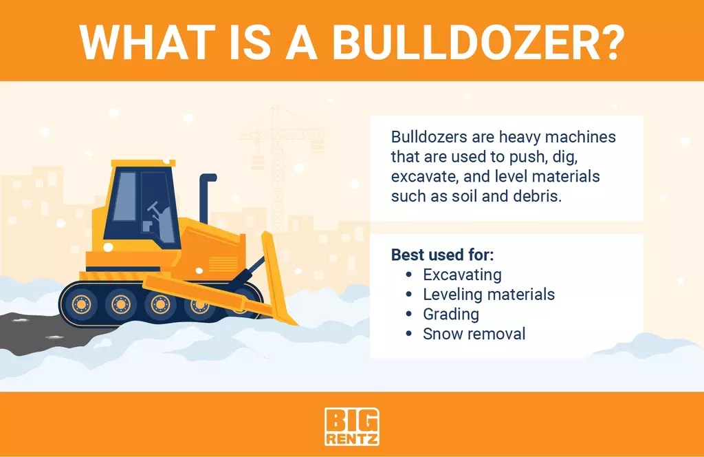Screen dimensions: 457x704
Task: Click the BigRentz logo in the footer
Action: coord(351,427)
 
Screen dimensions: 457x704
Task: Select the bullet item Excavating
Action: coord(461,275)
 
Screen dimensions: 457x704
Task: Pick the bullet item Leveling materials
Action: coord(488,295)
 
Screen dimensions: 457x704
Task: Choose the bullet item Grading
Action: coord(450,315)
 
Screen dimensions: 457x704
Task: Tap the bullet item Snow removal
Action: coord(474,334)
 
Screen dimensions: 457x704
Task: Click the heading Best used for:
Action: coord(442,255)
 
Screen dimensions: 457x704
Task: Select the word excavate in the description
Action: coord(422,176)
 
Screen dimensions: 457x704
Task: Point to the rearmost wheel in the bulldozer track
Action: coord(81,303)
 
